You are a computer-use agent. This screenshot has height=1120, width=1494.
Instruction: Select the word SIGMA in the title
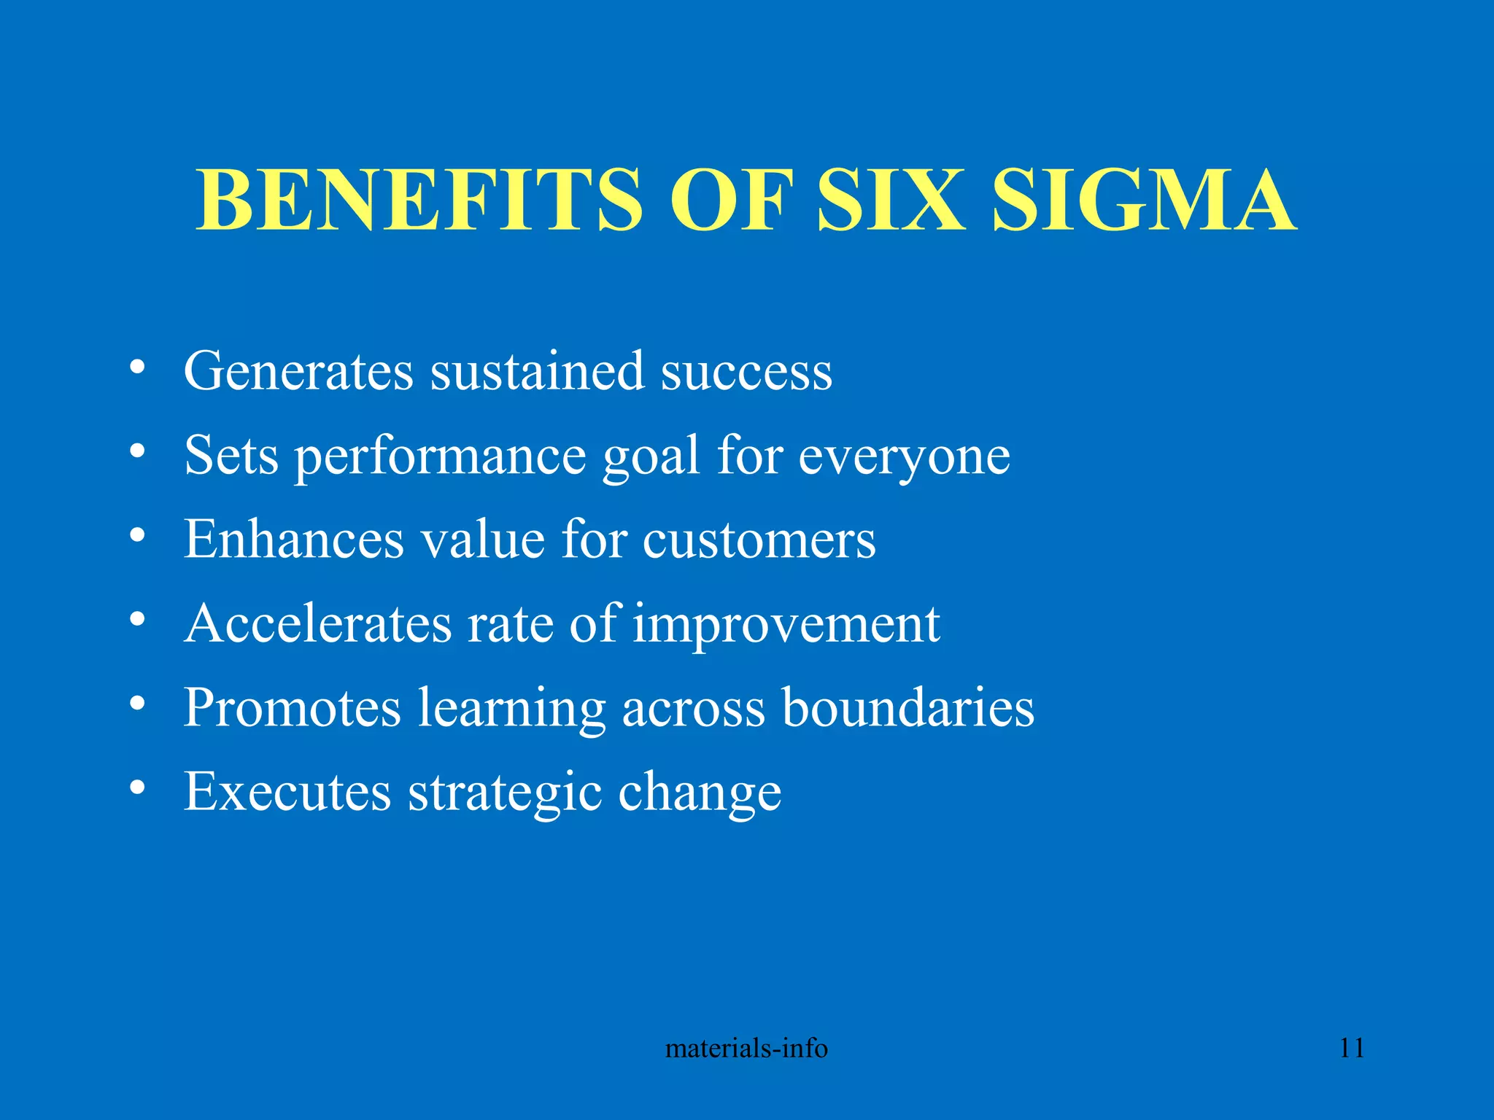[1145, 200]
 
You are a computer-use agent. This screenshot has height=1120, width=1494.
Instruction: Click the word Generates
[298, 372]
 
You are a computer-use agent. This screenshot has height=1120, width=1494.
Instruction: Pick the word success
[746, 372]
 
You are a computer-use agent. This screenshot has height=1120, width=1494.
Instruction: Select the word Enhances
[293, 540]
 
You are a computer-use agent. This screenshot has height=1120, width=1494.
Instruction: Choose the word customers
[759, 540]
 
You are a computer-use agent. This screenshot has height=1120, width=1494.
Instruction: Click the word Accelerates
[317, 624]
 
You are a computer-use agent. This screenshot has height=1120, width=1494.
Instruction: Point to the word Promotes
[292, 708]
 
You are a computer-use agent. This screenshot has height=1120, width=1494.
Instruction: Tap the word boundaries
[907, 708]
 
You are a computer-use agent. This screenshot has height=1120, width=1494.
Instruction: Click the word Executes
[287, 792]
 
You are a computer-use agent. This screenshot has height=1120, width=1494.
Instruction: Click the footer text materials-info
[746, 1049]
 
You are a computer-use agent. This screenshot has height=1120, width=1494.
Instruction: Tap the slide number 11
[1352, 1049]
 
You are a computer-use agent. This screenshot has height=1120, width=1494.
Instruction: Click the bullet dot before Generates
[136, 367]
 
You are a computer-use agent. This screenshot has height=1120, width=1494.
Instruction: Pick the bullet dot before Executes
[136, 787]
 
